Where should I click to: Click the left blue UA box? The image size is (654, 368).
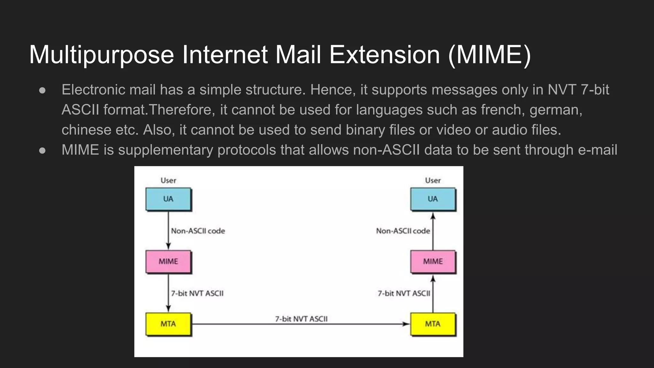(x=168, y=199)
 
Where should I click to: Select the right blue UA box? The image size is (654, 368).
(x=433, y=199)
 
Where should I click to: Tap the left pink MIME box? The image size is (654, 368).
(x=168, y=262)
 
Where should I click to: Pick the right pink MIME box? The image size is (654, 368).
(x=433, y=262)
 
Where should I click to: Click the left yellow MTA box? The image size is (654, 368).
(x=168, y=324)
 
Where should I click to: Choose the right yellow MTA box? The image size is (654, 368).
(x=433, y=324)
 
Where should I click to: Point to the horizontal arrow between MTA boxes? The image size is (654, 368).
(x=300, y=324)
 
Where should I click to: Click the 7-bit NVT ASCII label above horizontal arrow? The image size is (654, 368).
(x=301, y=319)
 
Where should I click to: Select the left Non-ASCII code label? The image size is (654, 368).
(x=198, y=231)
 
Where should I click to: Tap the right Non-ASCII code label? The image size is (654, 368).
(x=403, y=231)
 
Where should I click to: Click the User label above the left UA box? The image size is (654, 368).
(x=168, y=180)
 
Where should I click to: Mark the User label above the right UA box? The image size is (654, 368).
(x=433, y=180)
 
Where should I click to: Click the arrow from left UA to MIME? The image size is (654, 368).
(x=168, y=230)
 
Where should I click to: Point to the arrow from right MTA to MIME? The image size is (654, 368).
(x=433, y=294)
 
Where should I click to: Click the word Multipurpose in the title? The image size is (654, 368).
(x=102, y=55)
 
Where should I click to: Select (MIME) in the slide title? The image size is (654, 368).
(x=490, y=55)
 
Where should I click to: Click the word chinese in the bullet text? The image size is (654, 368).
(x=86, y=130)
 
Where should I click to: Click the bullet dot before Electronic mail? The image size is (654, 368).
(x=42, y=90)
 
